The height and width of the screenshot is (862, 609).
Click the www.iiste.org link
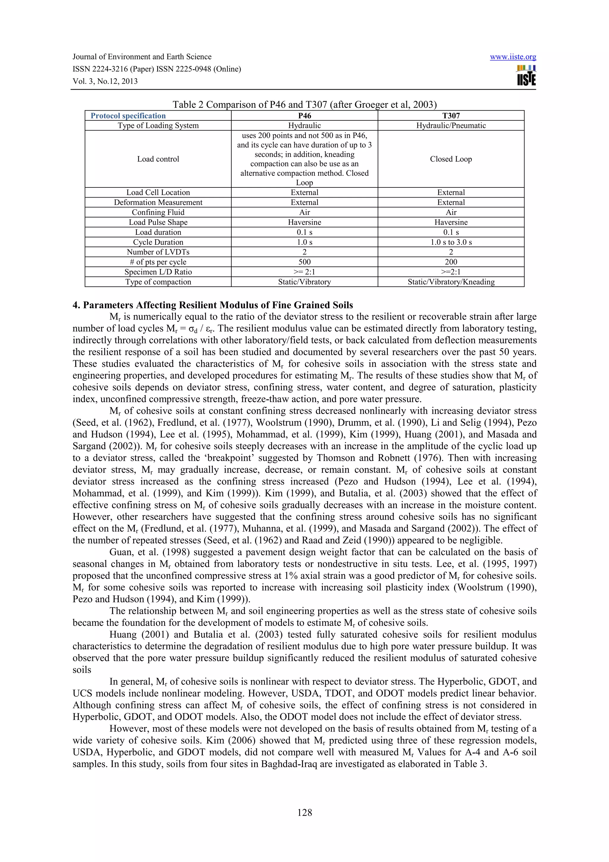click(x=513, y=57)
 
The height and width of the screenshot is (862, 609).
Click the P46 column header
click(x=304, y=116)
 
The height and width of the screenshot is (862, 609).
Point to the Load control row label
click(x=158, y=159)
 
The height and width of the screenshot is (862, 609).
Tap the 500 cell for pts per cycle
click(x=304, y=262)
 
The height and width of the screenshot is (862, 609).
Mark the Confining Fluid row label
click(x=158, y=212)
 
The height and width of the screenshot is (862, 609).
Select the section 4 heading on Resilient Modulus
click(x=213, y=305)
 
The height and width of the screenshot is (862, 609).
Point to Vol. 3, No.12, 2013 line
click(x=105, y=81)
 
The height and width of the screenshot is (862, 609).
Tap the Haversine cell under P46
click(x=304, y=222)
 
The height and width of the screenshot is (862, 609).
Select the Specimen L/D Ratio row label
click(x=158, y=272)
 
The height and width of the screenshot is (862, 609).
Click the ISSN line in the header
click(x=156, y=69)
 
